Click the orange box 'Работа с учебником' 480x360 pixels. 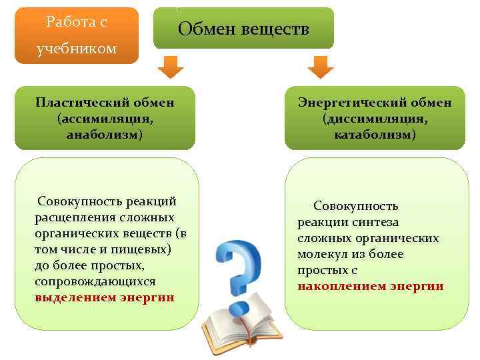[77, 35]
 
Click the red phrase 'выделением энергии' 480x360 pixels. [105, 297]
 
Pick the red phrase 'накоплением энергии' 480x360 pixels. [371, 286]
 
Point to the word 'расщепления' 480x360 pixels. [71, 217]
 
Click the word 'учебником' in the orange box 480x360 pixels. [77, 49]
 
